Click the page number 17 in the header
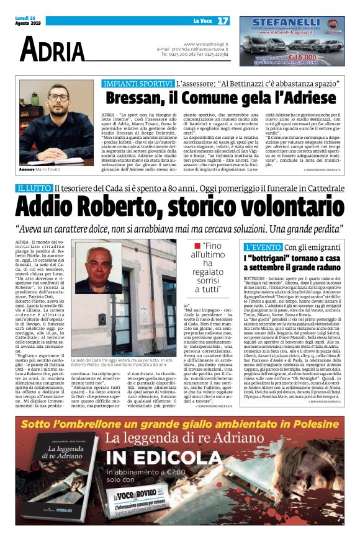222,20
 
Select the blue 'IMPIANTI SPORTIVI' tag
138,82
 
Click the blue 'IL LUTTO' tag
33,188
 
